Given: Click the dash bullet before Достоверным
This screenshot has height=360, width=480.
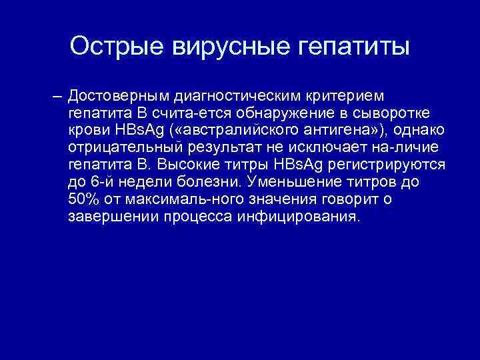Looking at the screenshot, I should pyautogui.click(x=57, y=95).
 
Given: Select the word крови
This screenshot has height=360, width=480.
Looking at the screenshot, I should pyautogui.click(x=85, y=130).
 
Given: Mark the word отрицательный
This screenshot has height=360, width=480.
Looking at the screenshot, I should pyautogui.click(x=124, y=147).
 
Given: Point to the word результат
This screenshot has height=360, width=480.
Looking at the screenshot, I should pyautogui.click(x=220, y=147).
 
